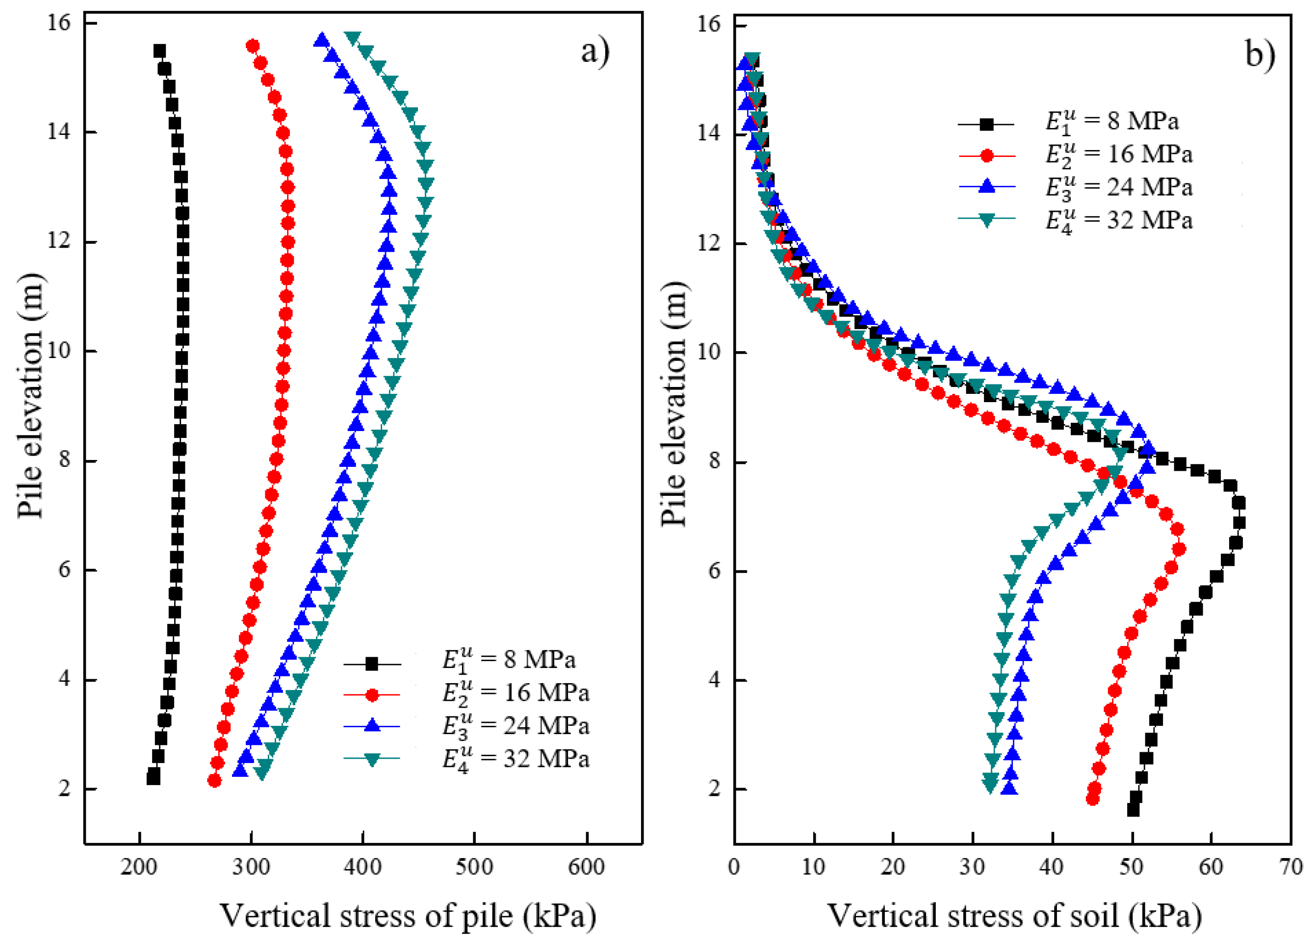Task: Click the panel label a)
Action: pos(595,52)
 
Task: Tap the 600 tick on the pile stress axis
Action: pos(586,867)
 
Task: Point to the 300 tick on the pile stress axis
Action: pos(251,867)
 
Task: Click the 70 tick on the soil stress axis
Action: pos(1290,867)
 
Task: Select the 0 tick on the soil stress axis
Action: pos(734,867)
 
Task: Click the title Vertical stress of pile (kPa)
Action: pos(408,917)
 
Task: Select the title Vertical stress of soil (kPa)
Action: pos(1014,917)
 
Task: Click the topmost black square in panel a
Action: pos(159,51)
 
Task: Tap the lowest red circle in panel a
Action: pos(214,781)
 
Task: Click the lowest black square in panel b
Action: pos(1133,810)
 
